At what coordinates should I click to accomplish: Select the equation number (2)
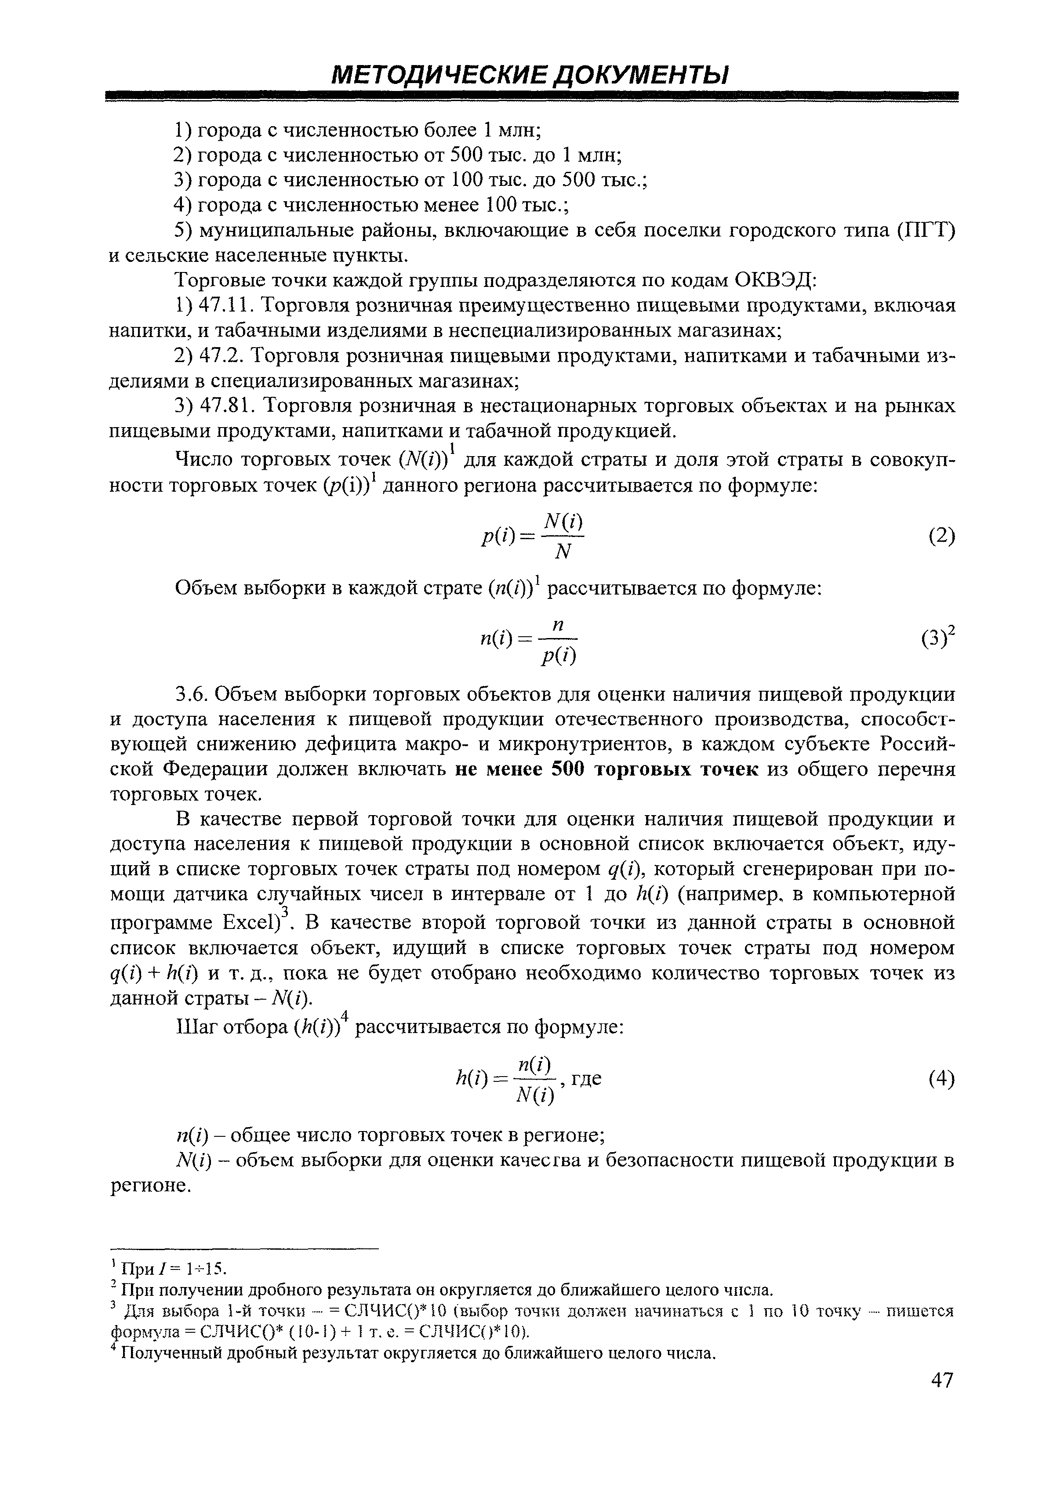pos(941,536)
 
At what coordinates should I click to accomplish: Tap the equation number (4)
pos(941,1078)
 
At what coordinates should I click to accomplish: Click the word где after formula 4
pos(587,1078)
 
